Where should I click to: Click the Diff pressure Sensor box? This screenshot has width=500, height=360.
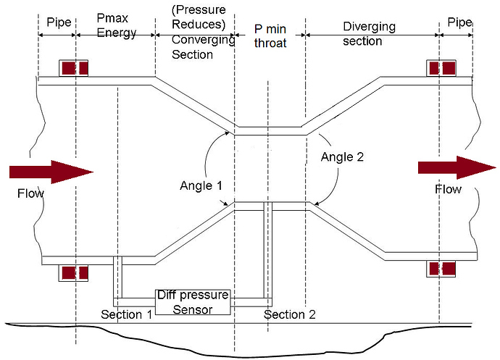coord(193,302)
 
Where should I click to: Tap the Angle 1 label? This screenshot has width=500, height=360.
coord(201,185)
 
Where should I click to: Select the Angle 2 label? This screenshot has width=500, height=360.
coord(342,157)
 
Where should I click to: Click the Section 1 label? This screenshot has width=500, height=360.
coord(127,314)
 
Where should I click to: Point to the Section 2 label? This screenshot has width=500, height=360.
coord(290,314)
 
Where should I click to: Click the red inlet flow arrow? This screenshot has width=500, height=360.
coord(51,172)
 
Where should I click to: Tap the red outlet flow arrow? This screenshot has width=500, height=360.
coord(457,167)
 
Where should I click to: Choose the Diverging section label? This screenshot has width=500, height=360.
coord(369,34)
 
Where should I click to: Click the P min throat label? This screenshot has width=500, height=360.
coord(270,35)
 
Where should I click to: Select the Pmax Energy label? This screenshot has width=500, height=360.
coord(117,25)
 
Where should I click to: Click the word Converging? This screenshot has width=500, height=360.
coord(204,40)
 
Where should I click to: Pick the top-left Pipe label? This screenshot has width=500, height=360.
coord(59,22)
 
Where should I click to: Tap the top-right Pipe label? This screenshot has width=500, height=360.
coord(460,22)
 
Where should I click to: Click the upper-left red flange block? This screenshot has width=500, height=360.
coord(74,68)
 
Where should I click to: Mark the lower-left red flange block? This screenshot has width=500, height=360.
coord(73,273)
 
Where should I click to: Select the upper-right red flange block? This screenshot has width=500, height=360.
coord(441,68)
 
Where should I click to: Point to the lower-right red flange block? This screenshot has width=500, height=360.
coord(441,269)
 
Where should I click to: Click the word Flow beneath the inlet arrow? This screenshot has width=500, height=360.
coord(30,193)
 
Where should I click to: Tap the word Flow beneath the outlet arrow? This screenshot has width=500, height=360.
coord(448,189)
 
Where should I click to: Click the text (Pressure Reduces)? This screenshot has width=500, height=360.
coord(199,17)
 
